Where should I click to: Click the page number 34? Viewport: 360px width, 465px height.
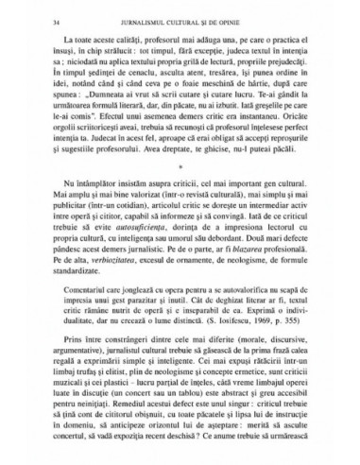33,18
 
